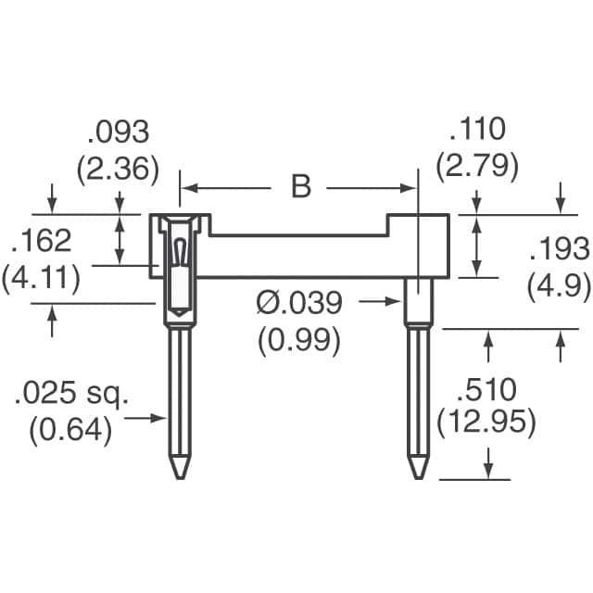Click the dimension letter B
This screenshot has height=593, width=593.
(300, 186)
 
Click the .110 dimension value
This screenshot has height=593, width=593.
(478, 130)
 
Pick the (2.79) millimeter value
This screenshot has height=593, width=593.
(478, 167)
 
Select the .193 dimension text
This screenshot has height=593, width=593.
(559, 249)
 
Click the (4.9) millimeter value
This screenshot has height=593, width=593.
(559, 286)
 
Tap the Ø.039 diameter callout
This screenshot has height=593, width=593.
(298, 302)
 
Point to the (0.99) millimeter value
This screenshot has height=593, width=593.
(298, 339)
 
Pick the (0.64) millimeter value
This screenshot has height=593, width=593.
(70, 431)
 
